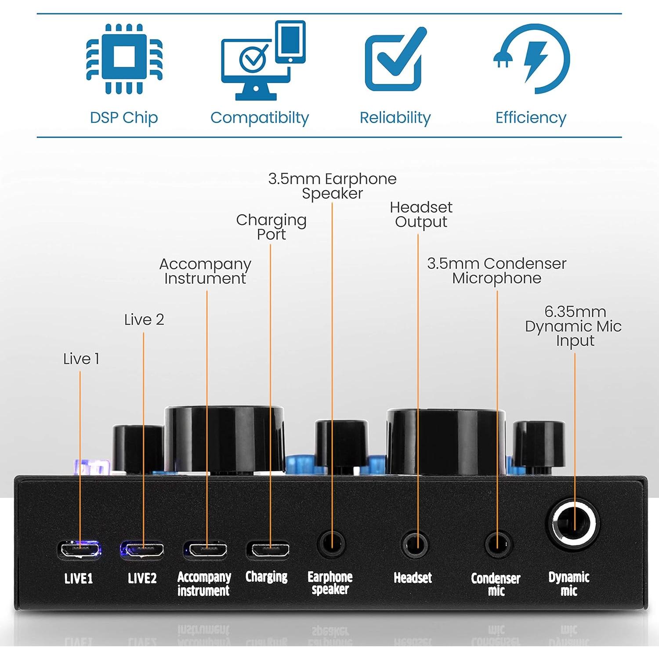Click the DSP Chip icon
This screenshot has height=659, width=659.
coord(124,58)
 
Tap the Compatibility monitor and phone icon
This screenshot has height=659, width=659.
coord(263,61)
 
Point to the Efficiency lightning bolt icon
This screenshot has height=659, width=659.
coord(532,59)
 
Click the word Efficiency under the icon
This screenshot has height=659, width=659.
coord(531,118)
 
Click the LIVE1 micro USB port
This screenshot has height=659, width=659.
coord(80,549)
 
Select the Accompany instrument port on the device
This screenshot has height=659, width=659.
coord(206,550)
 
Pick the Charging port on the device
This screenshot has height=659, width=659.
coord(268,550)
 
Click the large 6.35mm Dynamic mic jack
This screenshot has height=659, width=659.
coord(573,525)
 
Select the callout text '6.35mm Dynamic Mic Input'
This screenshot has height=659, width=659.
coord(573,326)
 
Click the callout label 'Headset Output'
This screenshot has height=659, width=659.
coord(421,214)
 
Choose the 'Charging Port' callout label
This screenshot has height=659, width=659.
coord(271,227)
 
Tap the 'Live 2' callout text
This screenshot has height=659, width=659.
coord(144,319)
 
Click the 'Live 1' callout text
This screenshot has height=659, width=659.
coord(81,359)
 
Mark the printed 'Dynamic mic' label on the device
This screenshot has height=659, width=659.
coord(568,583)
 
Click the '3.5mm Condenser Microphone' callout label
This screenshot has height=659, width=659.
coord(496,271)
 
